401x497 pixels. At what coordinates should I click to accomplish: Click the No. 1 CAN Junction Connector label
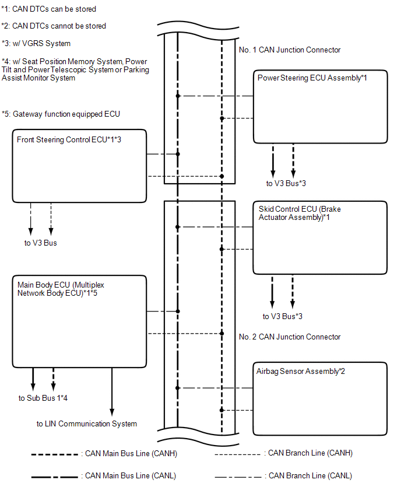(x=290, y=50)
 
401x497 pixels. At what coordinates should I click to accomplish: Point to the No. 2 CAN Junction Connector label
(x=290, y=337)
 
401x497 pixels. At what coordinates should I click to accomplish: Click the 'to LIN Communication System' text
(x=87, y=423)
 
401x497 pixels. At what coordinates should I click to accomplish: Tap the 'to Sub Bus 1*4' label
(x=43, y=398)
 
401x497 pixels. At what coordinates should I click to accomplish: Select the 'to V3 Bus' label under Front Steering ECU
(x=41, y=243)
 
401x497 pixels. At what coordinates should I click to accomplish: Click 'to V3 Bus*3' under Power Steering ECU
(x=286, y=183)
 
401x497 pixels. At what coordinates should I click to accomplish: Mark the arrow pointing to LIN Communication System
(x=112, y=392)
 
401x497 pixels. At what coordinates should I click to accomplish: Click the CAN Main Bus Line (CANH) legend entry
(x=104, y=454)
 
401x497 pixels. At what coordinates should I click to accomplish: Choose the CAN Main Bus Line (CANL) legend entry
(x=104, y=476)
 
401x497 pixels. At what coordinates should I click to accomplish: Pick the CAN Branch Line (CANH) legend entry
(x=283, y=453)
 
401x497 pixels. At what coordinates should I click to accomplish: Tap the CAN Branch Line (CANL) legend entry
(x=283, y=476)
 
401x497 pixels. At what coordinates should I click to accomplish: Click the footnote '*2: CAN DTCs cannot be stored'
(x=54, y=26)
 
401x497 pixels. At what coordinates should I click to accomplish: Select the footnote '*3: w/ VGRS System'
(x=36, y=43)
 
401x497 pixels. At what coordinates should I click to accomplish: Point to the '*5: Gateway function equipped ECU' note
(x=61, y=114)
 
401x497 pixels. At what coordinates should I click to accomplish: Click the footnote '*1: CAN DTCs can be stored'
(x=48, y=9)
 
